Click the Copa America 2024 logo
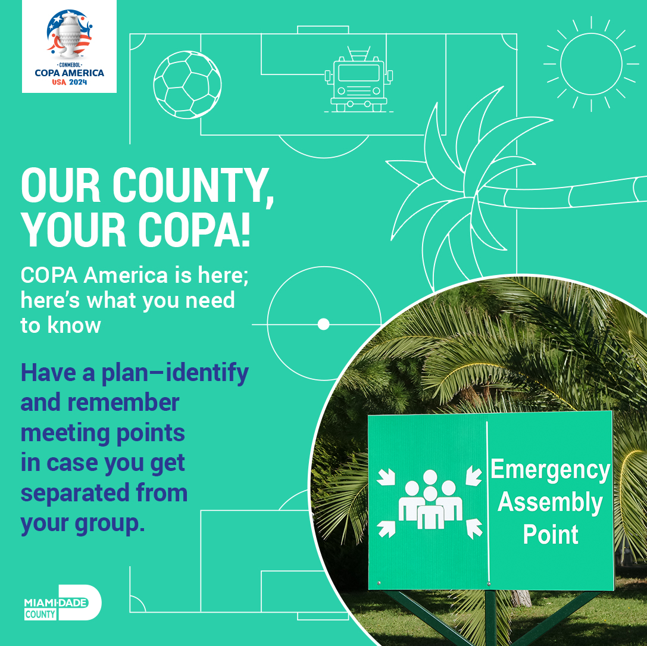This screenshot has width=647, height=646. [x=69, y=46]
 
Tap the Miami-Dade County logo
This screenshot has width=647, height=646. [x=62, y=603]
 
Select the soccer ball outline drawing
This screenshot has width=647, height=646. [x=187, y=85]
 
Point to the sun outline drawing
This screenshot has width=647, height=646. [x=591, y=64]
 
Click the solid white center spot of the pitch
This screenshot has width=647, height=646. [x=324, y=324]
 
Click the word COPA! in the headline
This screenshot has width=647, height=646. [x=194, y=229]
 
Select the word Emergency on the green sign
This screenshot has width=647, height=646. [x=550, y=470]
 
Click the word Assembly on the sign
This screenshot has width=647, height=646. [x=550, y=503]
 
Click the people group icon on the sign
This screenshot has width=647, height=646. [x=430, y=500]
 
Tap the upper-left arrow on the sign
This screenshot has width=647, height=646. [x=386, y=477]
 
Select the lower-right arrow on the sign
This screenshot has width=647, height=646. [x=474, y=528]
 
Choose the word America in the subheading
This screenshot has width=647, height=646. [x=126, y=275]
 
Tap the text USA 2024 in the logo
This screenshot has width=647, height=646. [x=69, y=82]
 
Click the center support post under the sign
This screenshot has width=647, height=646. [x=490, y=617]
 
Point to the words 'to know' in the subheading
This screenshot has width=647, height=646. [x=61, y=325]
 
